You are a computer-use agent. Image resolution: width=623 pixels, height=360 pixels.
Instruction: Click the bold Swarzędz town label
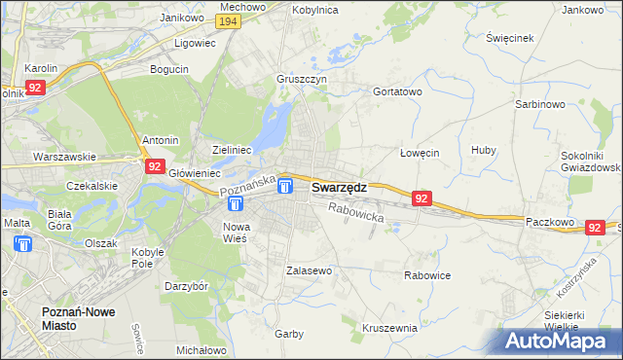point(339,188)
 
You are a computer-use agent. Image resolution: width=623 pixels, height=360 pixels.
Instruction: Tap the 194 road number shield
point(228,21)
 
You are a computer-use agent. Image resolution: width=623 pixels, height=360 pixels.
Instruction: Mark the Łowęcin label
point(421,153)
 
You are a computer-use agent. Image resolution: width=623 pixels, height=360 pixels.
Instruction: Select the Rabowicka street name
point(356,212)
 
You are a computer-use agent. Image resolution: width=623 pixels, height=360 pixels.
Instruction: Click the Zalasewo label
point(310,270)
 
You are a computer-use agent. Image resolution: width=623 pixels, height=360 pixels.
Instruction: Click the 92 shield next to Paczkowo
point(596,227)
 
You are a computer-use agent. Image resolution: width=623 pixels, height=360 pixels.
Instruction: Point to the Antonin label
point(161,140)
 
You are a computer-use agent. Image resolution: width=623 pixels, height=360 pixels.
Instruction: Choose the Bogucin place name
point(168,69)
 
